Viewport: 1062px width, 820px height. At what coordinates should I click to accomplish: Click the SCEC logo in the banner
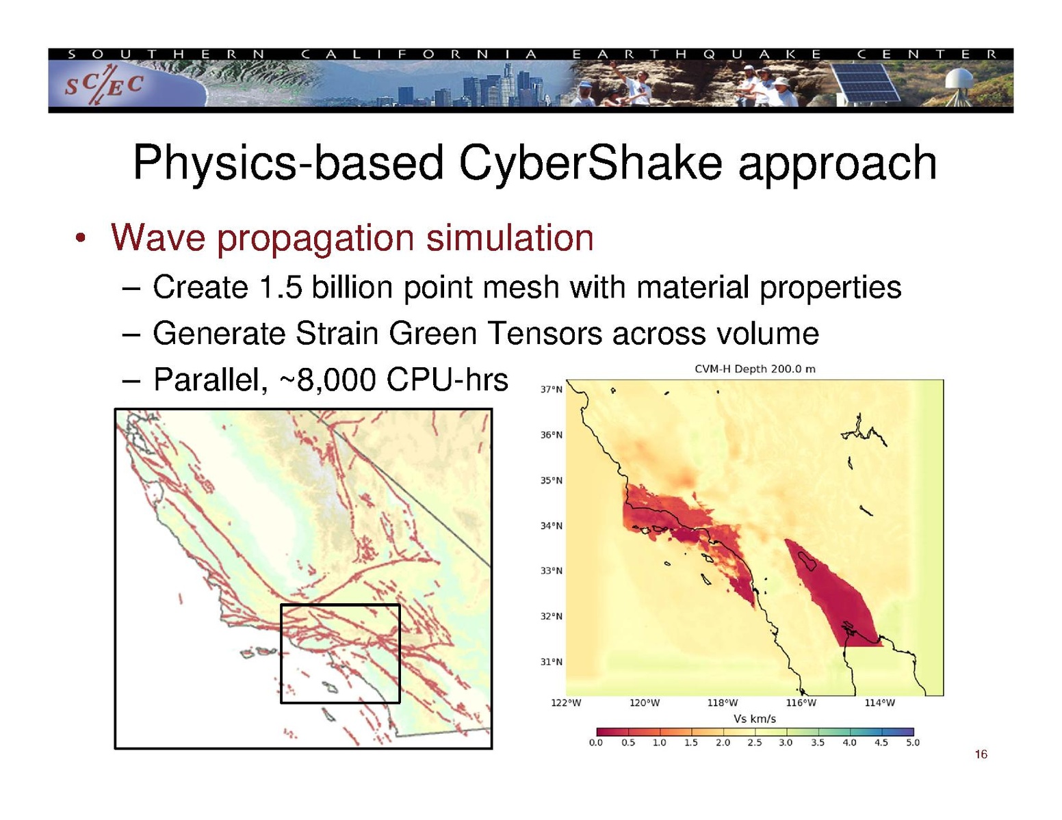click(x=104, y=85)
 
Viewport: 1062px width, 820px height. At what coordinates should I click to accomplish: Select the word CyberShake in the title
click(x=590, y=163)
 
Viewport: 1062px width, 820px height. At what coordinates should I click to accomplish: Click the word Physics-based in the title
click(x=288, y=163)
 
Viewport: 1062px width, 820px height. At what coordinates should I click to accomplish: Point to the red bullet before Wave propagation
click(x=81, y=239)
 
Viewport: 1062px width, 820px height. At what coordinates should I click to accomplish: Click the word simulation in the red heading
click(x=510, y=238)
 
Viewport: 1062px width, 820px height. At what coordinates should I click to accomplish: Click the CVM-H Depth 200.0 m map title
click(x=755, y=369)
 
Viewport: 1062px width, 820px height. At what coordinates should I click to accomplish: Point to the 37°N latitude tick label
click(x=552, y=390)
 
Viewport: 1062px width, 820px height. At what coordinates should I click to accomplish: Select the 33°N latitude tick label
click(x=552, y=571)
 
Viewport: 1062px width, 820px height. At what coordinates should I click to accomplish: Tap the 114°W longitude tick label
click(x=880, y=703)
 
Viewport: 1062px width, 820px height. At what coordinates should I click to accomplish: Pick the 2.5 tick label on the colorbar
click(x=754, y=743)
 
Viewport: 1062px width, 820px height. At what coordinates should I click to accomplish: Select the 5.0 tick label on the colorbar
click(x=912, y=743)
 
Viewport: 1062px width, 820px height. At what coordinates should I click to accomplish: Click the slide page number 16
click(x=981, y=754)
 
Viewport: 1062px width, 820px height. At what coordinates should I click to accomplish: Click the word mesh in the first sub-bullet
click(x=521, y=287)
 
